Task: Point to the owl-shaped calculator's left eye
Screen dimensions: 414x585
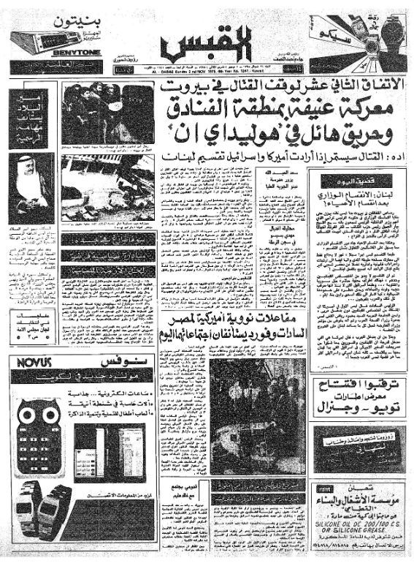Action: [x=30, y=415]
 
